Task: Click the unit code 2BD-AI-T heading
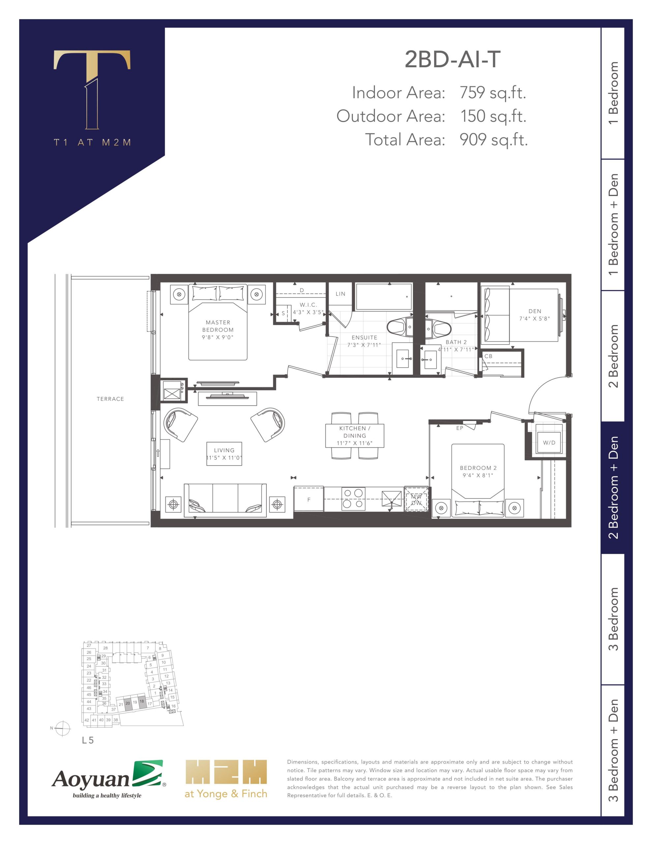click(453, 60)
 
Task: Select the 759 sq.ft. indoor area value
click(493, 93)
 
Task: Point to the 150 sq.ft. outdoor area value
click(493, 116)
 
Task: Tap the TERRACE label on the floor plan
click(110, 399)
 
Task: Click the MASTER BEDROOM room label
click(218, 326)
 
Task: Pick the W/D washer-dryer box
click(549, 442)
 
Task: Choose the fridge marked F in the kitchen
click(309, 499)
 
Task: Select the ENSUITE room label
click(364, 337)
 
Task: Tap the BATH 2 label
click(456, 342)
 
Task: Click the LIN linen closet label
click(341, 294)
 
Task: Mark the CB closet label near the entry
click(489, 356)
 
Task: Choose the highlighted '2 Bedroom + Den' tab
click(613, 488)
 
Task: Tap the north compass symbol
click(62, 729)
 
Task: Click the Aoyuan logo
click(108, 779)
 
